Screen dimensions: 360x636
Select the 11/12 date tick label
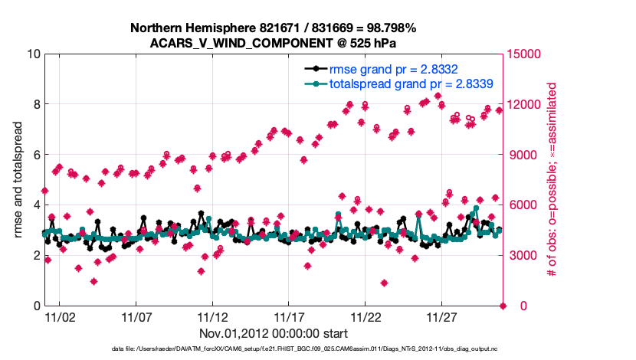coord(213,317)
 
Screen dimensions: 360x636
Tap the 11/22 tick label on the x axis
coord(366,317)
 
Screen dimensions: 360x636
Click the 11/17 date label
coord(290,317)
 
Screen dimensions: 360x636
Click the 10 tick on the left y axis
coord(32,54)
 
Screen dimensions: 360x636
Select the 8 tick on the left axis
coord(35,104)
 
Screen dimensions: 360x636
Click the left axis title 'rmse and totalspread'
coord(18,179)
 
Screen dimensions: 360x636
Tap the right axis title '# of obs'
coord(550,179)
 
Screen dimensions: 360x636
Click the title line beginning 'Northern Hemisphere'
coord(274,28)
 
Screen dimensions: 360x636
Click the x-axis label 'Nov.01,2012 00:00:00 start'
coord(274,333)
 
